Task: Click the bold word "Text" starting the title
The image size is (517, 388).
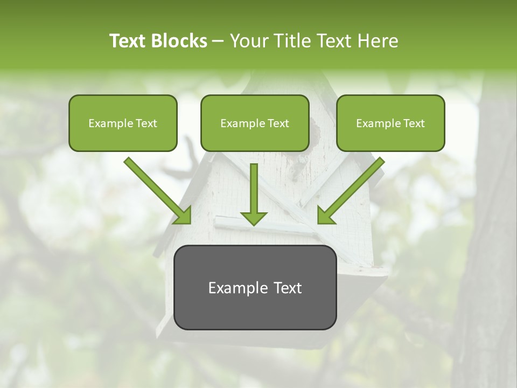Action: point(128,41)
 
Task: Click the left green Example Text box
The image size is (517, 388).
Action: point(123,123)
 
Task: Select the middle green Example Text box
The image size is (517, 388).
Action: point(255,123)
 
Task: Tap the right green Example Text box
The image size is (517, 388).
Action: point(390,123)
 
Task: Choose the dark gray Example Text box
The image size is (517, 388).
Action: point(255,287)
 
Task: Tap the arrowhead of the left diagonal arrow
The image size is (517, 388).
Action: point(183,216)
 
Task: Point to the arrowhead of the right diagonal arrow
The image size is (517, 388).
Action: point(325,216)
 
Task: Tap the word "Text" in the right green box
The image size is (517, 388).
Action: point(414,123)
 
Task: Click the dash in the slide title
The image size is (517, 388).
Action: point(218,41)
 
